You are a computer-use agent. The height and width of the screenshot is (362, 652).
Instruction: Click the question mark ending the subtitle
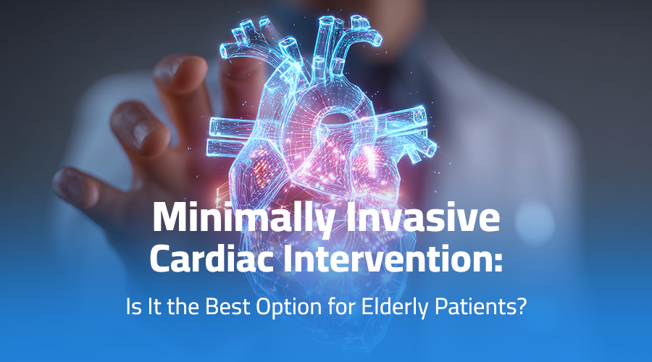pos(519,307)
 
